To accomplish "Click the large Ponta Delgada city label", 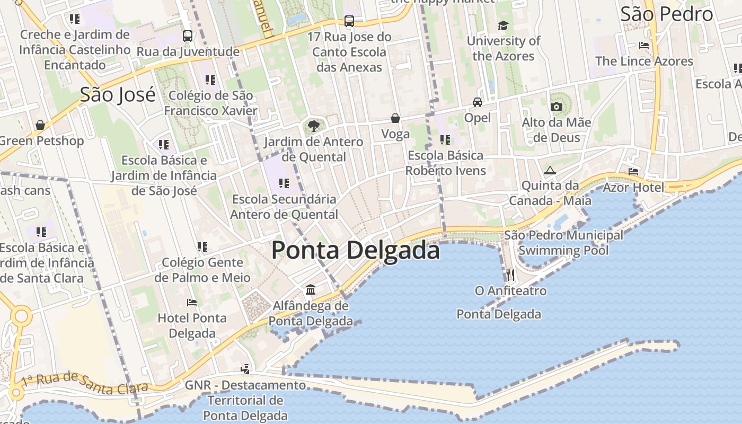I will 356,250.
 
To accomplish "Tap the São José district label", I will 118,94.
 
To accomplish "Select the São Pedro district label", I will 667,14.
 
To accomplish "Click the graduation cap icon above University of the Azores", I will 503,25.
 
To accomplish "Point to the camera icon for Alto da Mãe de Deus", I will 556,107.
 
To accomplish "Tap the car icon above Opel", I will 478,102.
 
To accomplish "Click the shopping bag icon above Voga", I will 395,118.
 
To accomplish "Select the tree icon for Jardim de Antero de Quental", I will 313,126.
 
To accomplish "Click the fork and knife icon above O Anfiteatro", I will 510,275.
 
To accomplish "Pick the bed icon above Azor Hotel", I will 633,171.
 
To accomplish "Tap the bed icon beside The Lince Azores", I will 644,46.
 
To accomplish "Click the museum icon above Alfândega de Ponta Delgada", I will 311,290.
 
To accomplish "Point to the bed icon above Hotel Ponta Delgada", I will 192,303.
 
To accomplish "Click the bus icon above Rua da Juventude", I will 188,36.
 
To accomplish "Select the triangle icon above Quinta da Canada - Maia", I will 550,170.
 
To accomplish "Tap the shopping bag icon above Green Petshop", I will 40,125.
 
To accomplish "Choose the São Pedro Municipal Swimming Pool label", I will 563,242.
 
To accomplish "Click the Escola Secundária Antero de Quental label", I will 284,207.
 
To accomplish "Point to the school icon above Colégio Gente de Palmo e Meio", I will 202,246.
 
